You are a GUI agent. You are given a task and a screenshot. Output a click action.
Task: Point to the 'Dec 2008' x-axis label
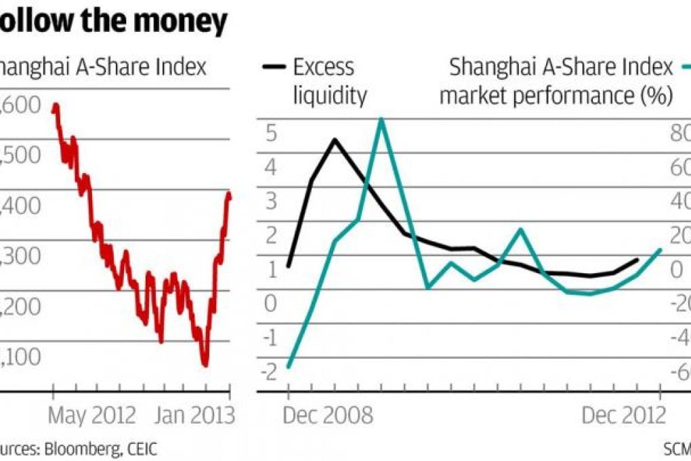click(328, 415)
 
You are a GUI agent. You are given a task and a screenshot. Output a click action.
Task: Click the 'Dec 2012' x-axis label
click(624, 415)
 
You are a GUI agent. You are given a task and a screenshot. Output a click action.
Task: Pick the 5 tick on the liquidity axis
click(271, 133)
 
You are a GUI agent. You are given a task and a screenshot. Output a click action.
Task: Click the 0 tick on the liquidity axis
click(271, 303)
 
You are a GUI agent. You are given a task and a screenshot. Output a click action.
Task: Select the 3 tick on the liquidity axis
click(271, 201)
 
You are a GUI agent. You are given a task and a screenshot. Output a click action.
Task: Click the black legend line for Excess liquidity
click(274, 66)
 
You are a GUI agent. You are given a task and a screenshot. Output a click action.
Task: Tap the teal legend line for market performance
click(685, 66)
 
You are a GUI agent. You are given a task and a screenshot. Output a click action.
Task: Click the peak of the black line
click(335, 140)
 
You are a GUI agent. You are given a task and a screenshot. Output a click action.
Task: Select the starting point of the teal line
click(289, 367)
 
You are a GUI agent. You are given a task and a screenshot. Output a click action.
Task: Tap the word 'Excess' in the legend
click(323, 67)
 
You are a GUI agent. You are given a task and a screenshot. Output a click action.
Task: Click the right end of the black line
click(637, 260)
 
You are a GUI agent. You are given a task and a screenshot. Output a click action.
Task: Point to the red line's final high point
click(228, 195)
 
